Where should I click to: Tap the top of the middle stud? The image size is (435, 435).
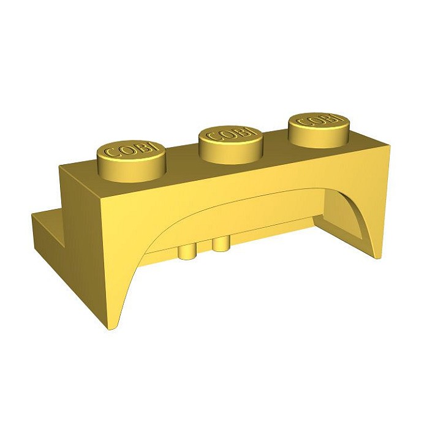(x=231, y=135)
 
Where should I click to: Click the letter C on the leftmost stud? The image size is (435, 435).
(x=111, y=154)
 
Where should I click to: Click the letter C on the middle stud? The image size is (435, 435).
(x=212, y=137)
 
